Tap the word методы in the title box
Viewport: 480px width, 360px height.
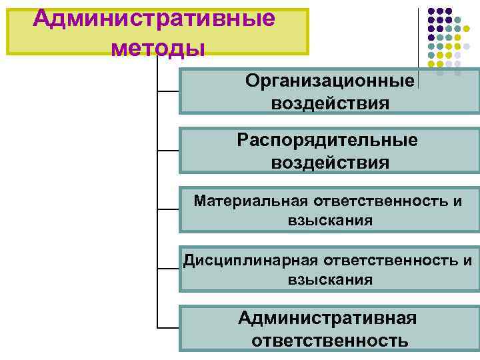(x=158, y=48)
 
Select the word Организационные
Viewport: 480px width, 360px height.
(x=330, y=81)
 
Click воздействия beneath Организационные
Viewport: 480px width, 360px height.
(x=330, y=103)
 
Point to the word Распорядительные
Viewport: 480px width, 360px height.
(x=327, y=140)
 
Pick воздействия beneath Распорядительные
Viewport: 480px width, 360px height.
(x=330, y=163)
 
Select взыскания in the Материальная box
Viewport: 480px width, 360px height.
(x=330, y=220)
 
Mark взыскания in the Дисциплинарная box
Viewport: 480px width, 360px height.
(x=330, y=279)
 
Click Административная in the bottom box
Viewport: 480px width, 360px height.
(x=327, y=318)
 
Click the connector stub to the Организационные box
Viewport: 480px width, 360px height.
(x=168, y=90)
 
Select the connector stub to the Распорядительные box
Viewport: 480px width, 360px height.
(x=168, y=149)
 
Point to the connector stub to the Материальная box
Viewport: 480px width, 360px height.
(x=168, y=209)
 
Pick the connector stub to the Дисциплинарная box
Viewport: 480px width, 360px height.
(x=168, y=268)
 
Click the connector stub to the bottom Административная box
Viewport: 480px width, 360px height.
(x=168, y=327)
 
